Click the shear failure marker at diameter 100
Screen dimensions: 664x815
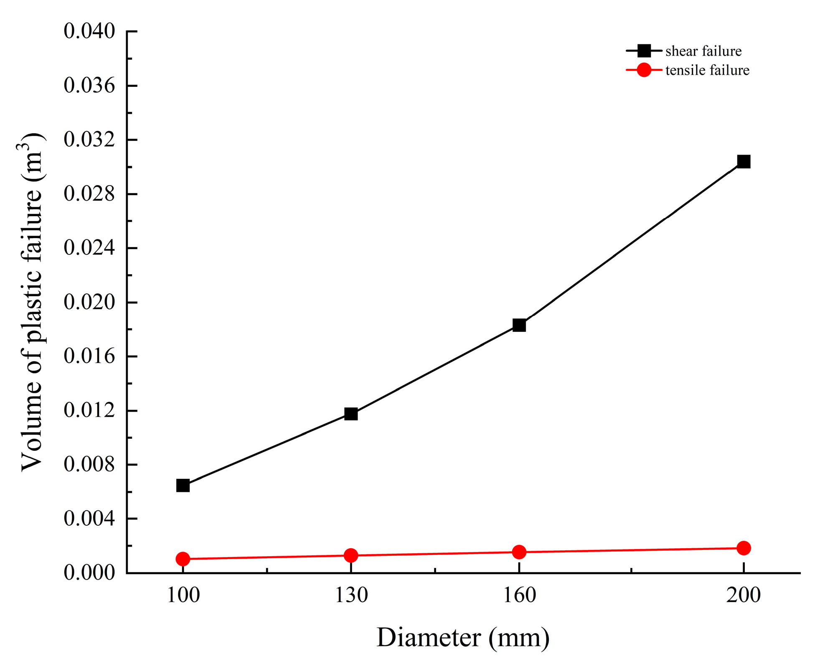(x=183, y=486)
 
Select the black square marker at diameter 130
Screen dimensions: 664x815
(x=351, y=414)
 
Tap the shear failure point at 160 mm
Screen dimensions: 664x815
(x=519, y=325)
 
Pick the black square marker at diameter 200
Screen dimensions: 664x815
(x=744, y=161)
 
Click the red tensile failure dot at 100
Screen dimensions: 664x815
(x=183, y=559)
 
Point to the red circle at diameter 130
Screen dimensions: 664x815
(x=351, y=555)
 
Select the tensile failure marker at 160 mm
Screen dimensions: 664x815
(x=519, y=552)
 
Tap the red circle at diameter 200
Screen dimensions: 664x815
(x=744, y=548)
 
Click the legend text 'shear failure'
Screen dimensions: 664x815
(x=703, y=51)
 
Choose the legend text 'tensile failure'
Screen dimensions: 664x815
(x=707, y=70)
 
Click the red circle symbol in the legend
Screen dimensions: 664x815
(x=644, y=70)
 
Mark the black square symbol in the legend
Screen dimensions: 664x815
(x=644, y=51)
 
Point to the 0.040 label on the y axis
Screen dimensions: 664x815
(x=89, y=31)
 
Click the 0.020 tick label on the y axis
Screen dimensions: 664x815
(x=89, y=302)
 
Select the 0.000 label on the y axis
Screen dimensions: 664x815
(x=89, y=572)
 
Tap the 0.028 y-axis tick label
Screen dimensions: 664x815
(x=89, y=194)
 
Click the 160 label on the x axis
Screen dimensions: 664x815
(x=519, y=595)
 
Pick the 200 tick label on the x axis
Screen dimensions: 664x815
(x=744, y=595)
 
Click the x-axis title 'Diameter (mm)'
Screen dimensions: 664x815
(x=463, y=638)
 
